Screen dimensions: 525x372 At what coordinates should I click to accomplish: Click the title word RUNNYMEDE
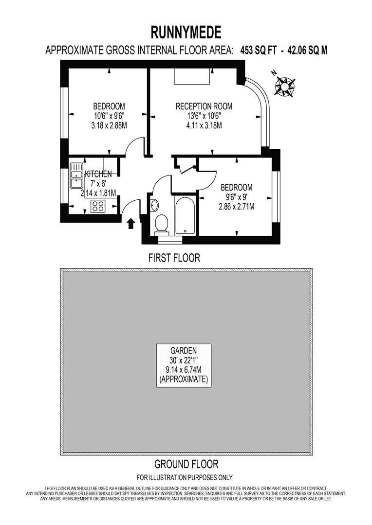coord(186,32)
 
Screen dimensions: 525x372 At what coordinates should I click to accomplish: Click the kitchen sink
coord(76,176)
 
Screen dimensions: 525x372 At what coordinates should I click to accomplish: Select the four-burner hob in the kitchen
coord(98,206)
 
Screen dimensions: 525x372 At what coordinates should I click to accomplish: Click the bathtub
coord(185,215)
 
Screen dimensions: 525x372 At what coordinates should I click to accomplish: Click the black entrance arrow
coord(130,223)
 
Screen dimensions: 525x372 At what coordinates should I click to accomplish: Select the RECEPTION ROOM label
coord(204,106)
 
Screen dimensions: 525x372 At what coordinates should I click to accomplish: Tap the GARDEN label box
coord(184,365)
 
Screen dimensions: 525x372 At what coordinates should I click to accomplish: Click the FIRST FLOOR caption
coord(174,258)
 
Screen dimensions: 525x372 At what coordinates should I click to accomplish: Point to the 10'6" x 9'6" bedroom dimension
coord(109,116)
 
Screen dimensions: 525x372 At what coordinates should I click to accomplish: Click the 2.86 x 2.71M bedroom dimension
coord(237,206)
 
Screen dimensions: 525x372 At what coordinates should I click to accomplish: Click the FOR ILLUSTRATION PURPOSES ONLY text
coord(185,477)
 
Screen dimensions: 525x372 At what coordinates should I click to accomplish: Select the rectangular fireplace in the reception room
coord(192,76)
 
